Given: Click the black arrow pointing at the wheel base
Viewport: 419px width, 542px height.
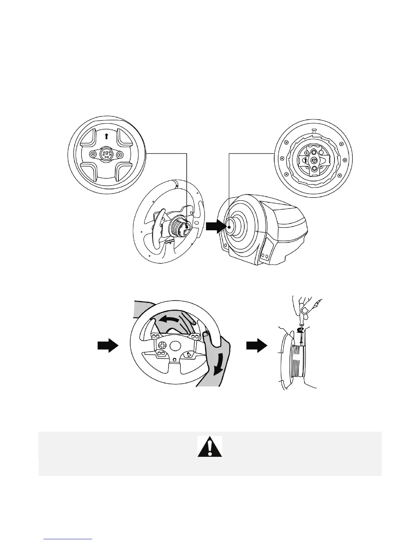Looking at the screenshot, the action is click(215, 227).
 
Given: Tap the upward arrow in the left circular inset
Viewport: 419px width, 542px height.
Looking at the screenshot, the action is click(106, 136).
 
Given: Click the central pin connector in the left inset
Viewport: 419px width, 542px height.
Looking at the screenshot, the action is click(106, 154).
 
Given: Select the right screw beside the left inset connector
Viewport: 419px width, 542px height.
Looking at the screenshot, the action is click(119, 155).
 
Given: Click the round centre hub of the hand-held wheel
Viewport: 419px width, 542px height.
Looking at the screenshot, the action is click(175, 346).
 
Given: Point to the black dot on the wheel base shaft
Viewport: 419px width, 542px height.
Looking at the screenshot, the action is click(228, 226).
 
